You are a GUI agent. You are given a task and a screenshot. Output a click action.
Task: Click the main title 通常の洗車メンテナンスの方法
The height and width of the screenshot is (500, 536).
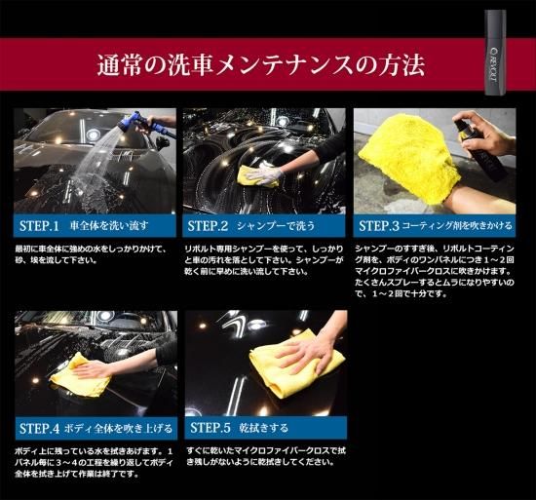(260, 66)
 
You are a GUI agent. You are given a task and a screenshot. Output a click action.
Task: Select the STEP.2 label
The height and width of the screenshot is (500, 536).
(209, 226)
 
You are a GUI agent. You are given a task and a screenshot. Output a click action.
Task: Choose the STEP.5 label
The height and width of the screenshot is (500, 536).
(210, 427)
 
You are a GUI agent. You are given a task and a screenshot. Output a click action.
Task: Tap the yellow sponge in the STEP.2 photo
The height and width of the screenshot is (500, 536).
(254, 175)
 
